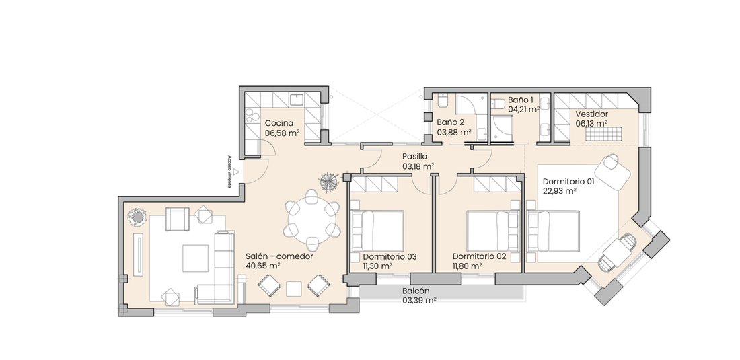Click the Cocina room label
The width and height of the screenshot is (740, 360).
coord(279,123)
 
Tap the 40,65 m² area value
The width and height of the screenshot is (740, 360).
coord(263,266)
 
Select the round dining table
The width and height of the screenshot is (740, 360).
coord(311,221)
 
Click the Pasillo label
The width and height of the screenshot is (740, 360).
coord(415,156)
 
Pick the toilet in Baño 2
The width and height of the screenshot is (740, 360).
coord(443,100)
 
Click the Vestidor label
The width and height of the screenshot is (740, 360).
coord(592,114)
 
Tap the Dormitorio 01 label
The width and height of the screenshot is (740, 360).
coord(568,181)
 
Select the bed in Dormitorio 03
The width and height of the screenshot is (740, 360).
coord(377,231)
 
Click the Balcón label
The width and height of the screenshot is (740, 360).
coord(416,291)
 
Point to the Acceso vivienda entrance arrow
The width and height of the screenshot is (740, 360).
coord(235,172)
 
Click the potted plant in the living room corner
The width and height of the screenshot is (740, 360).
coord(137,217)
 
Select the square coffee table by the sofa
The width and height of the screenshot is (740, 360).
coord(195,258)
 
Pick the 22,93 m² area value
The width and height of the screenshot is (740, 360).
coord(560,191)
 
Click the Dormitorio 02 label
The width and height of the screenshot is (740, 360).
coord(479,256)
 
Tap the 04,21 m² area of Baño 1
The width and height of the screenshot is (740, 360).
coord(524,109)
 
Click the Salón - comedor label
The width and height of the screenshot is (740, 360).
coord(279,256)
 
